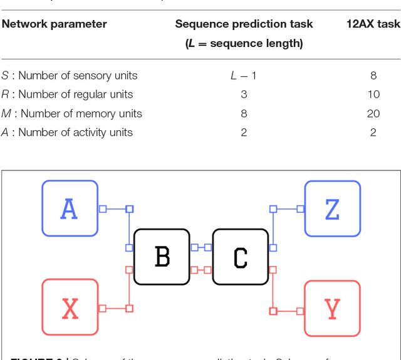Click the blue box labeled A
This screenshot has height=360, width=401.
70,208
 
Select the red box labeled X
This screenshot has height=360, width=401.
70,307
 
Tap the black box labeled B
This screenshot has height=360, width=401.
162,257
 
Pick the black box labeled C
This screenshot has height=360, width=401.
240,257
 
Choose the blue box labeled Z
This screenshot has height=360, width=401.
332,208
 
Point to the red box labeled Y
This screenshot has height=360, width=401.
332,309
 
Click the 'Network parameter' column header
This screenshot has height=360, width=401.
54,24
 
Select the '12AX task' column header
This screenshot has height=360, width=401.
373,24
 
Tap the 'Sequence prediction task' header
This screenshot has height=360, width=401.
244,24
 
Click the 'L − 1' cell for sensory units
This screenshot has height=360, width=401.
244,76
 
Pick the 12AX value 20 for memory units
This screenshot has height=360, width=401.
373,113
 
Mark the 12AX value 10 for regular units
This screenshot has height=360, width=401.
373,95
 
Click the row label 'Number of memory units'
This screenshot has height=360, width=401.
71,113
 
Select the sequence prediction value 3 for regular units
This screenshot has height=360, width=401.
244,95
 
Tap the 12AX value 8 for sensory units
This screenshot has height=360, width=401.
373,76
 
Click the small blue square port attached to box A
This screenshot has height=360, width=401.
103,208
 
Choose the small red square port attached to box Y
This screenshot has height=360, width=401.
300,311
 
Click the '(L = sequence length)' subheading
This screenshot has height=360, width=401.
244,44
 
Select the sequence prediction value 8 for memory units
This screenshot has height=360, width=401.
244,113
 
